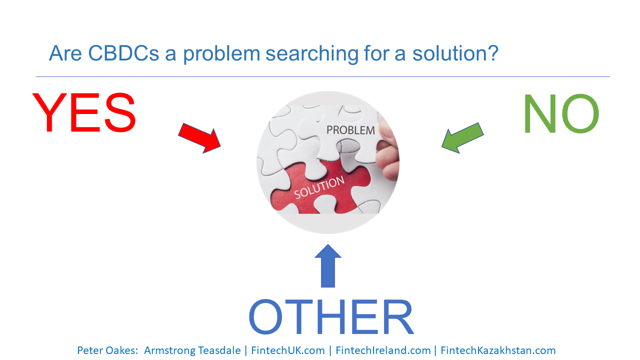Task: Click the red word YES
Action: tap(84, 112)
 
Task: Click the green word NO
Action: tap(561, 113)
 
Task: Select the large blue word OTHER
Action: tap(331, 316)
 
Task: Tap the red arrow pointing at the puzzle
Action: tap(199, 138)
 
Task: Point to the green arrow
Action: tap(463, 138)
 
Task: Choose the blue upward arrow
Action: tap(328, 265)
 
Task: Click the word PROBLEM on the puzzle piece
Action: tap(350, 130)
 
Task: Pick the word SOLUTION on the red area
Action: tap(319, 187)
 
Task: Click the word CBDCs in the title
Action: tap(123, 53)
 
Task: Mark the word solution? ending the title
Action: tap(455, 53)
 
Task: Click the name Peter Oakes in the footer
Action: tap(107, 350)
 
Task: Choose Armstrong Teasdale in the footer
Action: tap(192, 350)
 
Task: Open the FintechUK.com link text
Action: tap(288, 350)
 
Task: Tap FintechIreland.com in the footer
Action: tap(383, 350)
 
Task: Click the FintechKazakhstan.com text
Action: tap(498, 350)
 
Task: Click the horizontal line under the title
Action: tap(322, 76)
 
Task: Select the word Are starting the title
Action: tap(65, 53)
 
